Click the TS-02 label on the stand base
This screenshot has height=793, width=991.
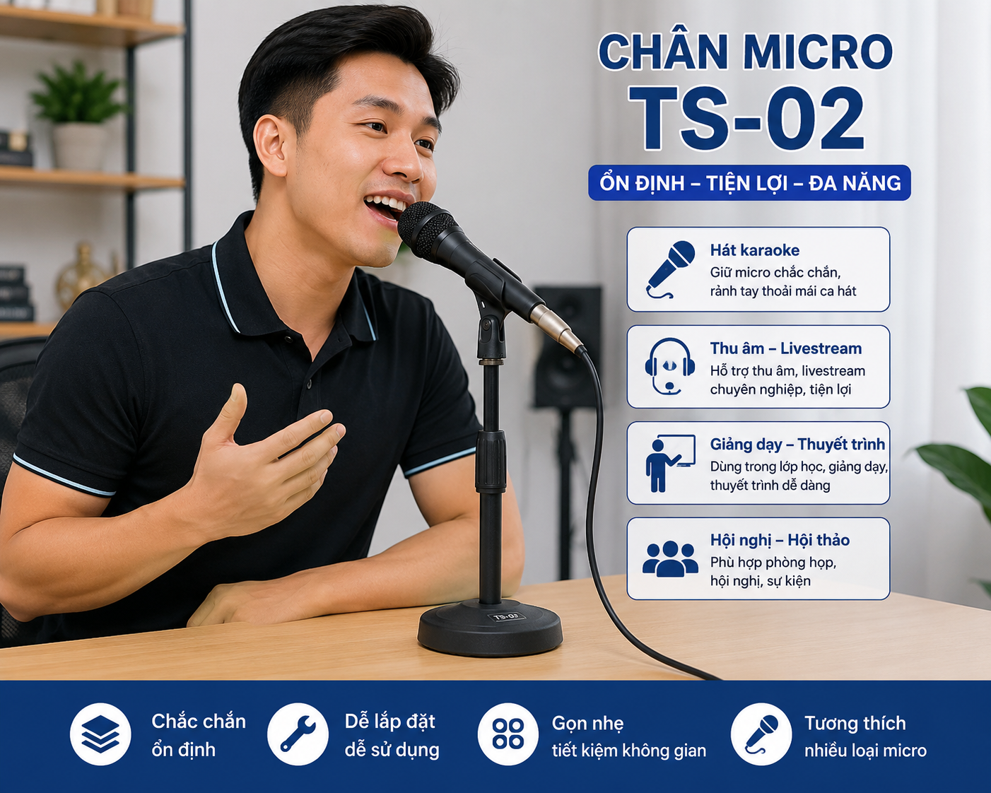point(506,616)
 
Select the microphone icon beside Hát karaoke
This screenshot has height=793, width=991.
point(671,269)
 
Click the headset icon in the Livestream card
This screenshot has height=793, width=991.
point(670,366)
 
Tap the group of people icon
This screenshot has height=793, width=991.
point(670,558)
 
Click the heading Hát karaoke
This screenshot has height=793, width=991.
point(754,250)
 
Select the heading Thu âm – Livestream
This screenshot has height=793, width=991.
point(785,348)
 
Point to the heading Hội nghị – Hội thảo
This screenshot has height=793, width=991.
point(780,540)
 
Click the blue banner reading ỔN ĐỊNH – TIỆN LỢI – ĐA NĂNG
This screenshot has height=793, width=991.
point(749,183)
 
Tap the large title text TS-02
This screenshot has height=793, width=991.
point(746,118)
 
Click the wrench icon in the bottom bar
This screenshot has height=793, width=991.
point(298,734)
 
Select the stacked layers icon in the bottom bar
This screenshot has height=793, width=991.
point(100,734)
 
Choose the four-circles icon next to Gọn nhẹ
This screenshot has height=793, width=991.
point(508,734)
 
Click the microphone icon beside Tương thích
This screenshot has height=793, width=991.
point(761,734)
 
